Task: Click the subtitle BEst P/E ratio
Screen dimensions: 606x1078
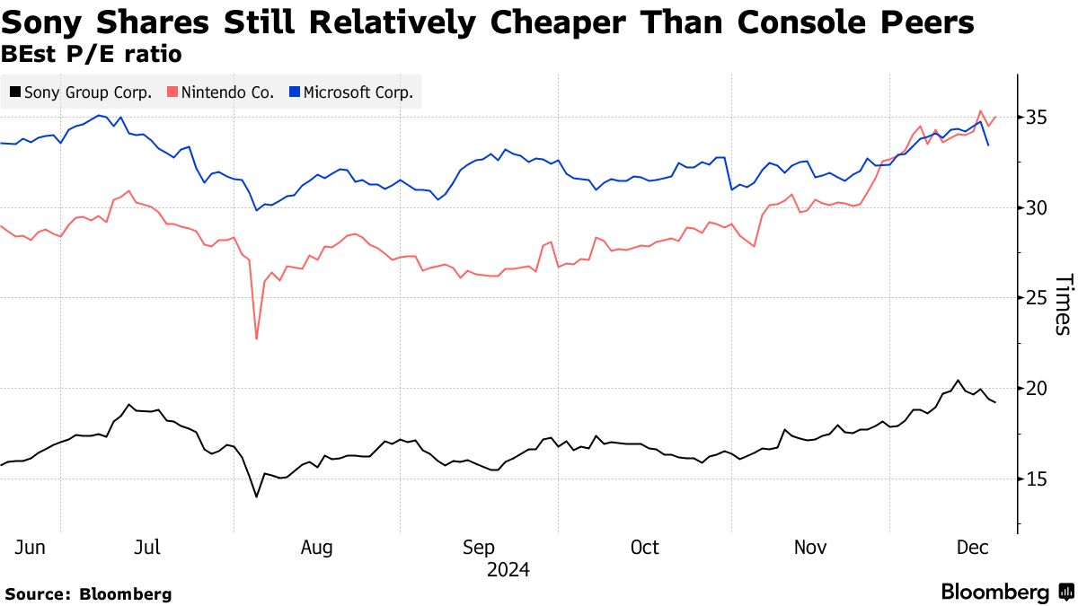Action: pyautogui.click(x=92, y=54)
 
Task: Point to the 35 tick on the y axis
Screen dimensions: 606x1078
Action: pyautogui.click(x=1036, y=118)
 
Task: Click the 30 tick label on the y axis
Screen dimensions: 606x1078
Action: pyautogui.click(x=1036, y=207)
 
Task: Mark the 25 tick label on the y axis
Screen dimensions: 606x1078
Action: pyautogui.click(x=1036, y=298)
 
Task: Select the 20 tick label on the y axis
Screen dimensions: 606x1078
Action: pyautogui.click(x=1036, y=389)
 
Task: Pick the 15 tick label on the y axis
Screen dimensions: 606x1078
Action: pyautogui.click(x=1036, y=479)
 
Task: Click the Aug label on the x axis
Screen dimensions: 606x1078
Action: pyautogui.click(x=316, y=548)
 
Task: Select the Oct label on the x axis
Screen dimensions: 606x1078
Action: pyautogui.click(x=644, y=548)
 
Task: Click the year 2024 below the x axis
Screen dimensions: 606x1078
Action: pyautogui.click(x=508, y=570)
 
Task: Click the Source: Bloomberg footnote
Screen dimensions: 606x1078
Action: pyautogui.click(x=88, y=593)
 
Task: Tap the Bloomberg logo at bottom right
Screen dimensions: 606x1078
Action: pyautogui.click(x=1006, y=593)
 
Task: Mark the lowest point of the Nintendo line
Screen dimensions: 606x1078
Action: pyautogui.click(x=256, y=338)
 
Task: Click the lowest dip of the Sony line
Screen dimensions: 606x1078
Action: pyautogui.click(x=256, y=496)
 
